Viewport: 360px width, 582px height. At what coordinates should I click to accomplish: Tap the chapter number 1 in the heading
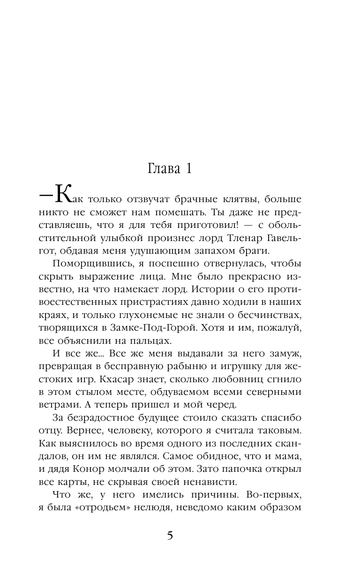pyautogui.click(x=188, y=169)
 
